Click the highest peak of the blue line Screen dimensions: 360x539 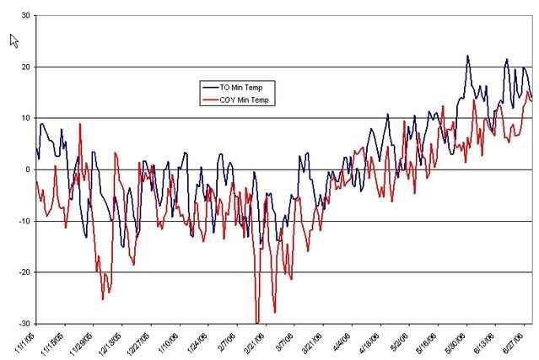pos(468,56)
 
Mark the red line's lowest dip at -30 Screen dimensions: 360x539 pos(257,322)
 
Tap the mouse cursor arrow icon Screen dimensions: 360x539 pos(13,40)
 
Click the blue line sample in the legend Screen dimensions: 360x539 pos(209,87)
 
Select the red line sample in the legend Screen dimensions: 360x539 pos(209,100)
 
